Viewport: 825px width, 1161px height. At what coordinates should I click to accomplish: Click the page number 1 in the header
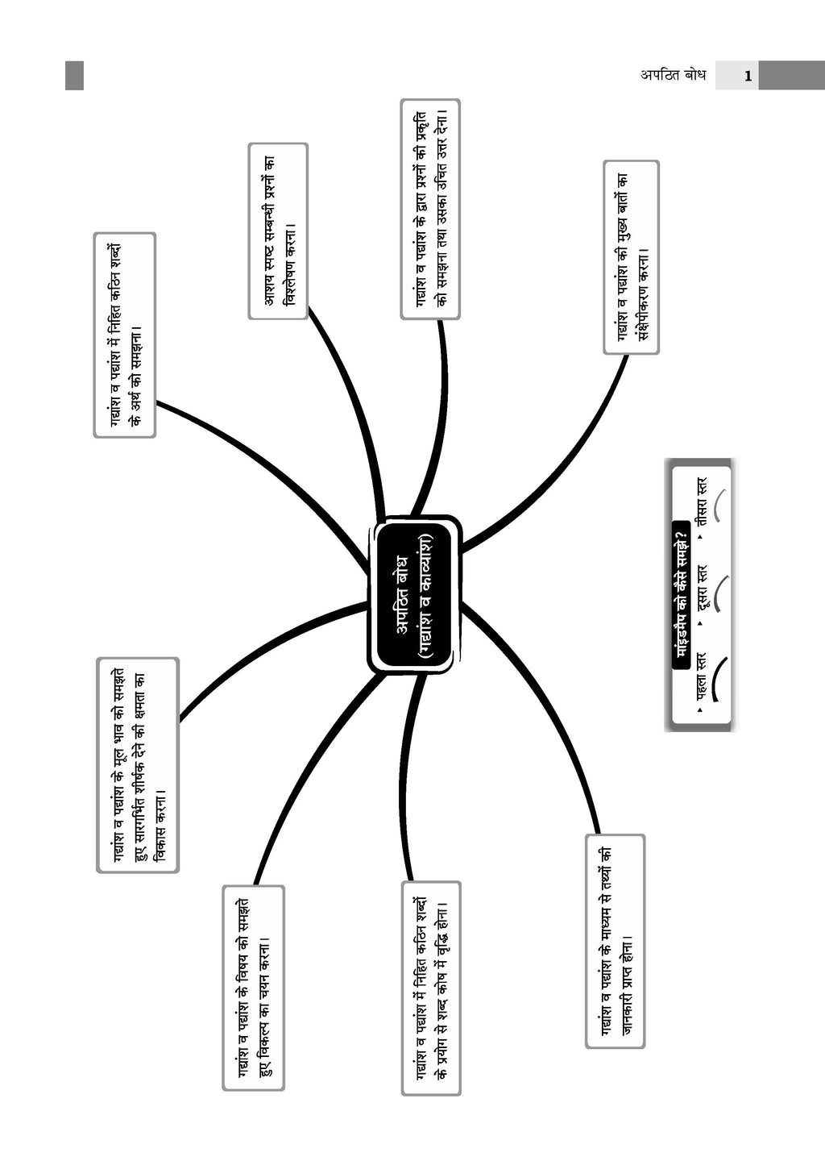pyautogui.click(x=748, y=77)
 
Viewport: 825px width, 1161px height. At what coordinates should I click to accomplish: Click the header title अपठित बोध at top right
pyautogui.click(x=673, y=76)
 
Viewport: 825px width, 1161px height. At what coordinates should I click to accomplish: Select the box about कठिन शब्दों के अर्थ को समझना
pyautogui.click(x=125, y=335)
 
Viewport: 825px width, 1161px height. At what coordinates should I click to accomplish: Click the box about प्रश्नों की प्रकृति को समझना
pyautogui.click(x=431, y=210)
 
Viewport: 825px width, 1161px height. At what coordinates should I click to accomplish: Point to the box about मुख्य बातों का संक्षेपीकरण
pyautogui.click(x=632, y=257)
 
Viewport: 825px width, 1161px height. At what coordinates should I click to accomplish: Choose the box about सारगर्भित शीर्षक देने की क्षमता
pyautogui.click(x=138, y=765)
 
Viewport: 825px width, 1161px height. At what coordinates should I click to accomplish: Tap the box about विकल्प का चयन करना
pyautogui.click(x=254, y=988)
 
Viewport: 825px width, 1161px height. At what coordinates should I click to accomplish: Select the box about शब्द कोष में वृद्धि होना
pyautogui.click(x=431, y=988)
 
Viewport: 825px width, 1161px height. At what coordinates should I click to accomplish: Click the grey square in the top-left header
pyautogui.click(x=74, y=76)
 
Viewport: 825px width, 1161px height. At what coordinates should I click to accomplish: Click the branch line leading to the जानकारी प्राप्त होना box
pyautogui.click(x=548, y=709)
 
